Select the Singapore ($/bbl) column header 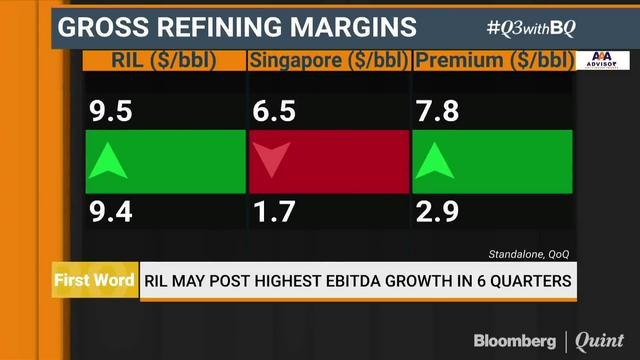coord(327,61)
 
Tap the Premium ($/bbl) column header coord(488,61)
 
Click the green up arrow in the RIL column coord(108,161)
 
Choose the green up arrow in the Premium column coord(434,161)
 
